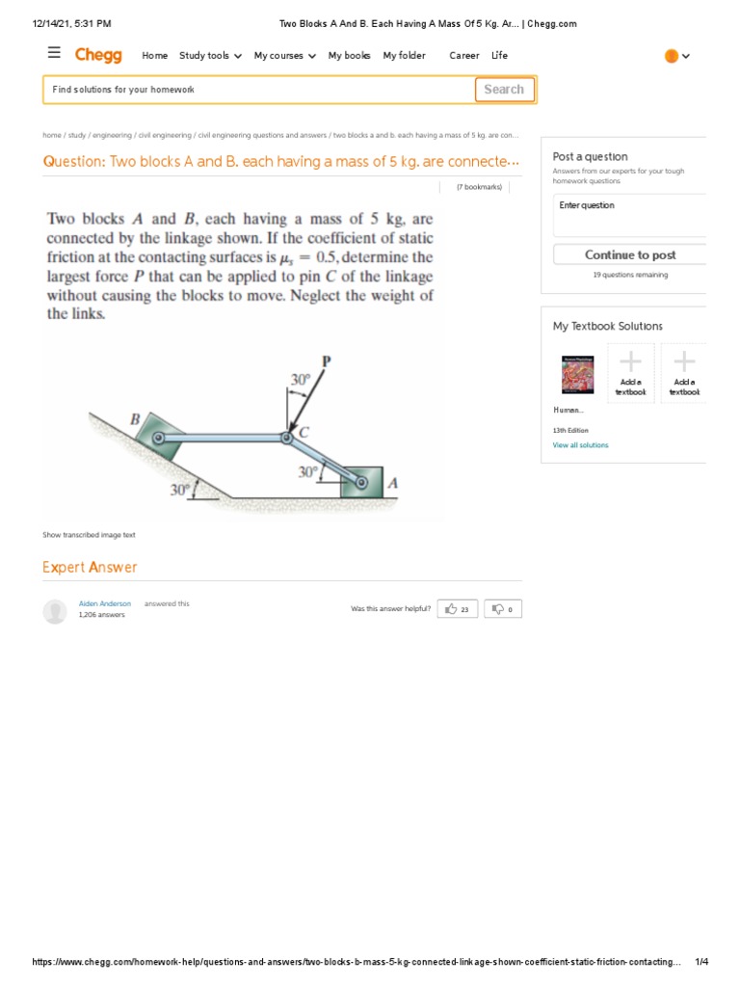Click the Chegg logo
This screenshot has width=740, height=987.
click(x=98, y=55)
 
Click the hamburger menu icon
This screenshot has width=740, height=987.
click(x=54, y=54)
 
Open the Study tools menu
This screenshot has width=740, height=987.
click(x=210, y=56)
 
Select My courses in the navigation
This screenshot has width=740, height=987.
click(x=284, y=56)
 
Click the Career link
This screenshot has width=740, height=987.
click(x=463, y=56)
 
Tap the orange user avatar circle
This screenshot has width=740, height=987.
click(x=672, y=56)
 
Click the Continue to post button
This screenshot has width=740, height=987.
click(x=630, y=254)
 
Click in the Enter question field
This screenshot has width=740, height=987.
click(x=630, y=215)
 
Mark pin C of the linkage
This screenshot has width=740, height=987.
click(x=286, y=439)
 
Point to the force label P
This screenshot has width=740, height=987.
click(x=326, y=362)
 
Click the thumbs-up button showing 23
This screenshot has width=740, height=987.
click(x=458, y=609)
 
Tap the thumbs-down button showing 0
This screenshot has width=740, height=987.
click(x=503, y=609)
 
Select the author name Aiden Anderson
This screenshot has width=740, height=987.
click(x=104, y=603)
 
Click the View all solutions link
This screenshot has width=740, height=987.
click(x=580, y=445)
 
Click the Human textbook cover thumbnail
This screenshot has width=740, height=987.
click(x=577, y=374)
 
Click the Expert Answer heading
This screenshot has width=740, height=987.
click(x=90, y=568)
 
